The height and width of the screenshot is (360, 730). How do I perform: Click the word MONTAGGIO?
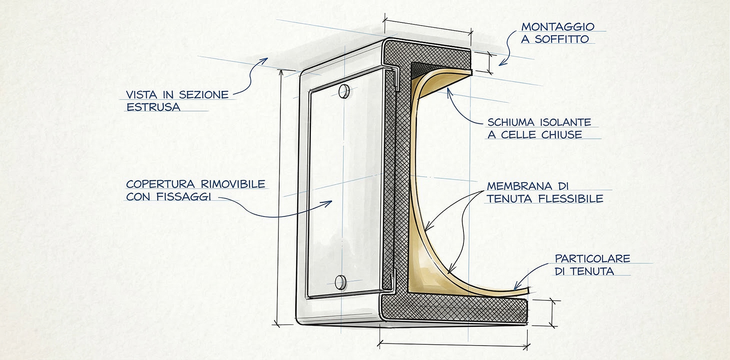point(557,27)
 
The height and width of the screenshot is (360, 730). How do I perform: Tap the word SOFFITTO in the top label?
point(562,39)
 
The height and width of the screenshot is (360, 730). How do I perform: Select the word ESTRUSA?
point(153,107)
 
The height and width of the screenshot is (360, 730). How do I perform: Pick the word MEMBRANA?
point(520,186)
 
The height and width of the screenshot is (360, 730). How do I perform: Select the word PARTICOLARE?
point(592,259)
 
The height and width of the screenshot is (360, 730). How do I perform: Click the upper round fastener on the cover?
point(344,91)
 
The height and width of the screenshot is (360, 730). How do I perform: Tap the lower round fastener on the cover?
point(341,282)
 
